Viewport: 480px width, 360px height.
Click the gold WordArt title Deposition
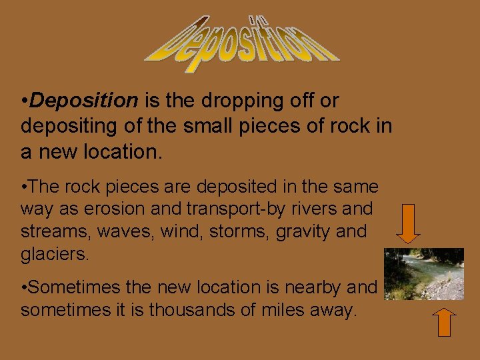click(x=241, y=43)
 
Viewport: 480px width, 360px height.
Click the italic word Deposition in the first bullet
click(x=84, y=101)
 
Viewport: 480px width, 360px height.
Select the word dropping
click(x=239, y=101)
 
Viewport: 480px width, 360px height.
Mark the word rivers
click(x=313, y=209)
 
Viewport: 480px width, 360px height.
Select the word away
click(x=337, y=310)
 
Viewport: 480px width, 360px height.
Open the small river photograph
click(x=424, y=274)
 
